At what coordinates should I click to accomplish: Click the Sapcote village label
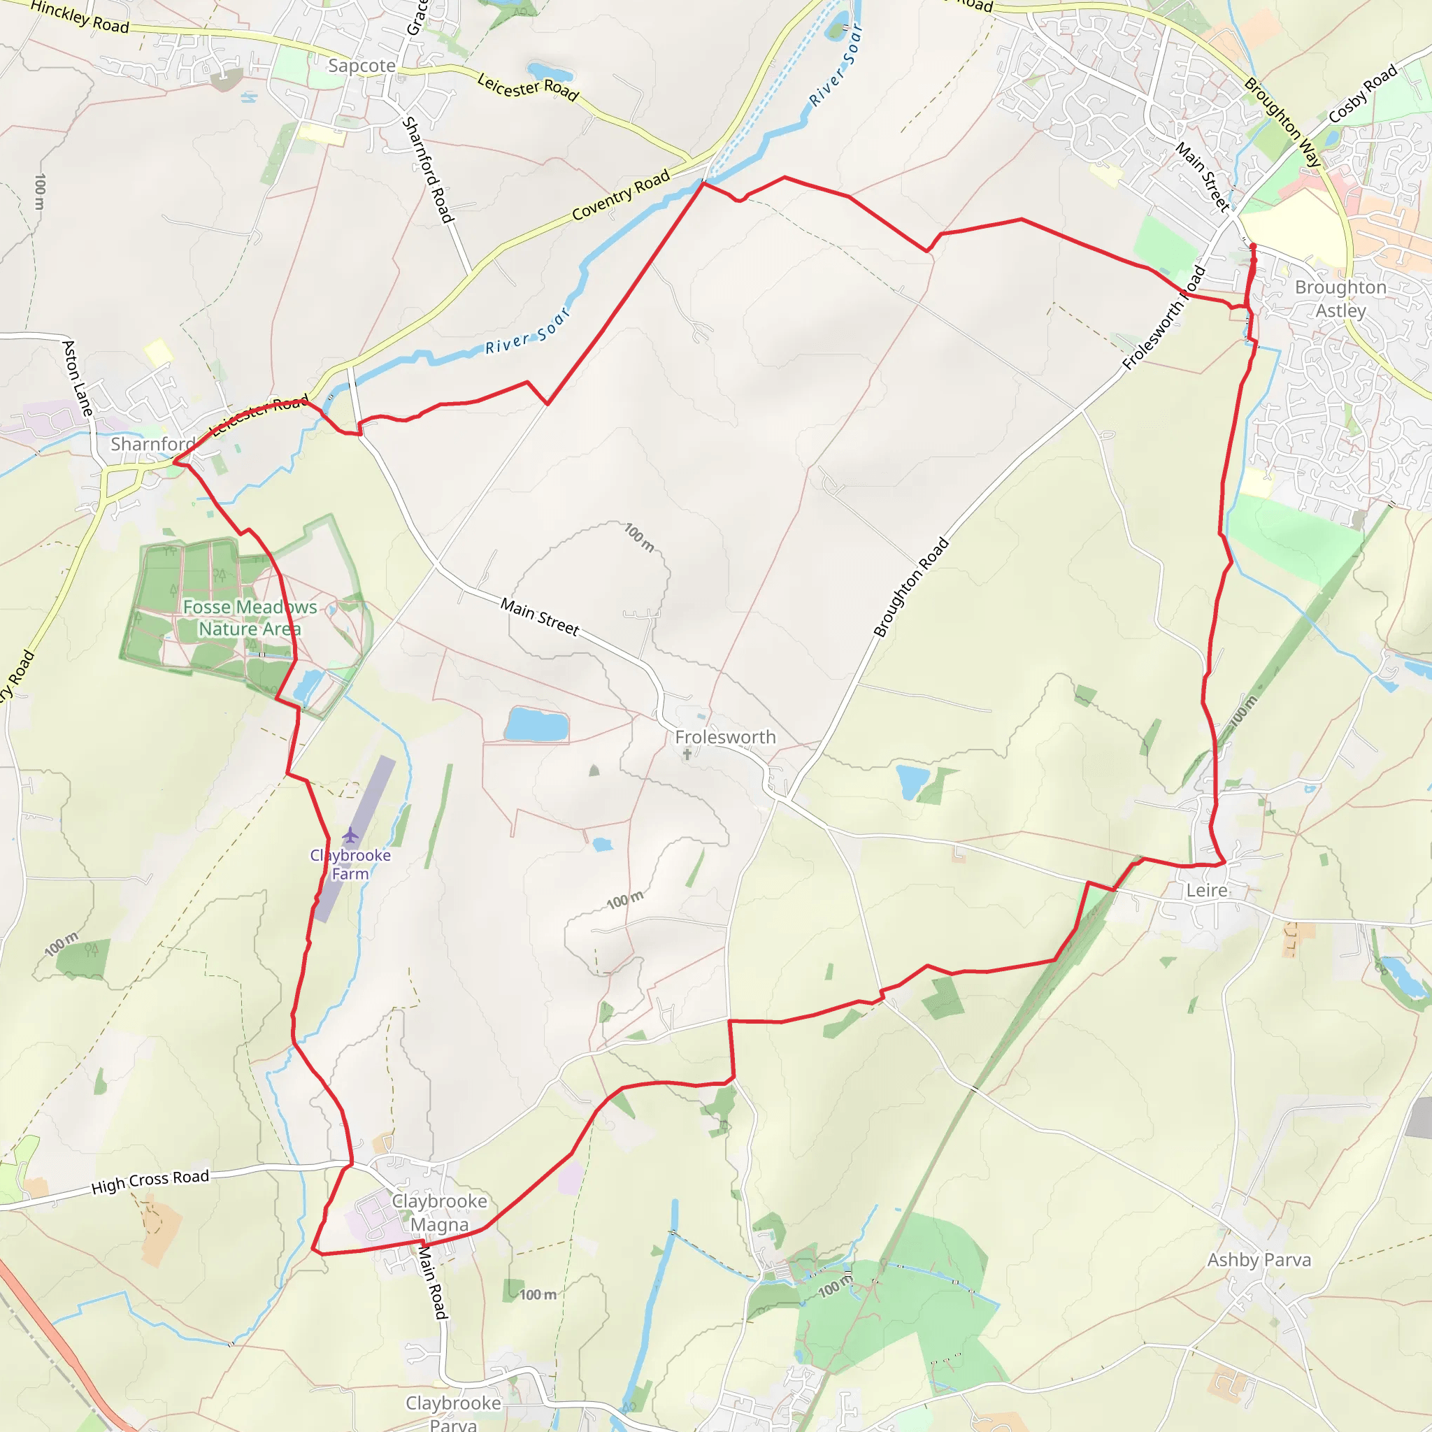pyautogui.click(x=361, y=66)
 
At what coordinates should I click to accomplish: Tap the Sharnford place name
pyautogui.click(x=152, y=444)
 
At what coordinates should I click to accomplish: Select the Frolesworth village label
pyautogui.click(x=725, y=737)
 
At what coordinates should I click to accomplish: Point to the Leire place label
pyautogui.click(x=1207, y=890)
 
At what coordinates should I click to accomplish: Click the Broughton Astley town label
pyautogui.click(x=1340, y=299)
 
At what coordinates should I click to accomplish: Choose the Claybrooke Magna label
pyautogui.click(x=440, y=1212)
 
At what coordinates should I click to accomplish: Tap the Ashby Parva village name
pyautogui.click(x=1259, y=1259)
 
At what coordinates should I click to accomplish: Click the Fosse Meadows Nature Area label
pyautogui.click(x=250, y=617)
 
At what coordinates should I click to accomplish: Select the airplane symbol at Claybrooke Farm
pyautogui.click(x=350, y=836)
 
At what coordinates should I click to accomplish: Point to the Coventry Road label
pyautogui.click(x=621, y=195)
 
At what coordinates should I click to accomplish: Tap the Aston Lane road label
pyautogui.click(x=78, y=378)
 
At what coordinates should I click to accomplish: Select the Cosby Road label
pyautogui.click(x=1362, y=94)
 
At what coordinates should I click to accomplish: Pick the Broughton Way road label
pyautogui.click(x=1282, y=122)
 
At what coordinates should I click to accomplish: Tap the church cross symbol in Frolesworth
pyautogui.click(x=687, y=754)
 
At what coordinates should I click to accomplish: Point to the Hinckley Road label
pyautogui.click(x=80, y=17)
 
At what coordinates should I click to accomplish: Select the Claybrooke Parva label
pyautogui.click(x=453, y=1412)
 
